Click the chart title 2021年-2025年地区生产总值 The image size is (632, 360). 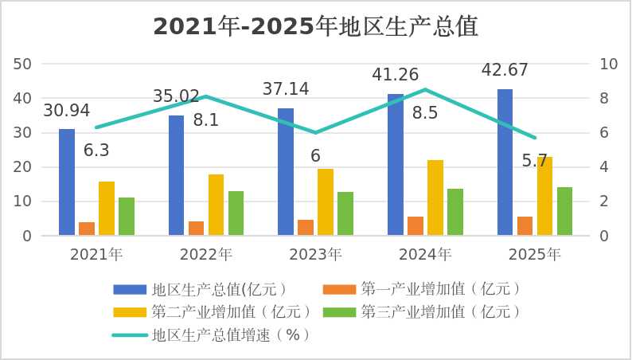tap(315, 27)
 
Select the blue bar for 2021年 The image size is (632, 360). tap(67, 182)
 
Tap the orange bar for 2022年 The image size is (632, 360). tap(197, 228)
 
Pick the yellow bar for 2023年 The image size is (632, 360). tap(326, 202)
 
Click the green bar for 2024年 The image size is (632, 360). tap(455, 212)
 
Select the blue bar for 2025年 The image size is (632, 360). tap(505, 162)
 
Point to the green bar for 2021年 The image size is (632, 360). tap(127, 217)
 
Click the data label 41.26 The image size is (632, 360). tap(396, 75)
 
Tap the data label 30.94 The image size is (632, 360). tap(67, 111)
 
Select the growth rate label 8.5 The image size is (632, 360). tap(425, 113)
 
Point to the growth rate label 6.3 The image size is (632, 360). tap(96, 151)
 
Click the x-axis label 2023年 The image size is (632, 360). tap(315, 255)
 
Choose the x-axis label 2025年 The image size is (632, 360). tap(535, 255)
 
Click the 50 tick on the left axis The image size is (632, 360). tap(22, 64)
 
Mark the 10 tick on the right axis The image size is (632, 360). tap(609, 64)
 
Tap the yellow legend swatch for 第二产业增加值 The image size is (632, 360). tap(130, 312)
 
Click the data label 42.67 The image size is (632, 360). tap(505, 70)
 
